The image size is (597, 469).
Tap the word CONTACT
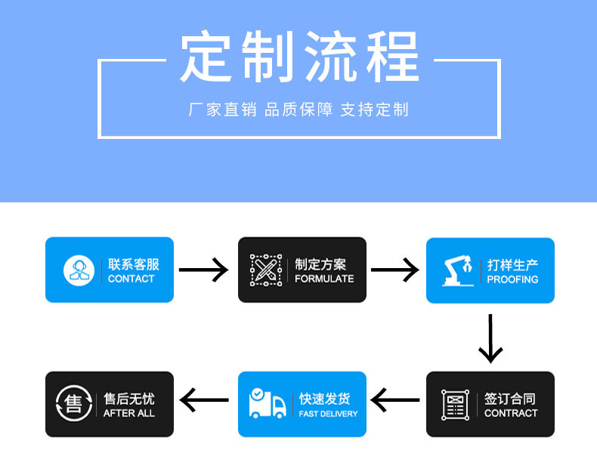131,279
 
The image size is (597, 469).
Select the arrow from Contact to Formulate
203,270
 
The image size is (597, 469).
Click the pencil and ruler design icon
265,270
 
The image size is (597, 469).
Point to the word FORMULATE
324,279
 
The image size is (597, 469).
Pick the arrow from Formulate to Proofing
394,270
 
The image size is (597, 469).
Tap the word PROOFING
512,279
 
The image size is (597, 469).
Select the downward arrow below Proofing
490,338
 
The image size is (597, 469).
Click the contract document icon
455,405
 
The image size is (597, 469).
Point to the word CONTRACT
511,413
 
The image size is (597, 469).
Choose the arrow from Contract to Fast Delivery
395,401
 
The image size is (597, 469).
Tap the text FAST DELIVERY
328,414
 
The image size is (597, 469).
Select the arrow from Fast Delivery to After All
204,400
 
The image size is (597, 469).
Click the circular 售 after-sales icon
74,403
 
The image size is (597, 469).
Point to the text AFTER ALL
128,413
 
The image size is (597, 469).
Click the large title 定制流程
299,57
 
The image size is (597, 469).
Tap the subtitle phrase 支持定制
374,110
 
